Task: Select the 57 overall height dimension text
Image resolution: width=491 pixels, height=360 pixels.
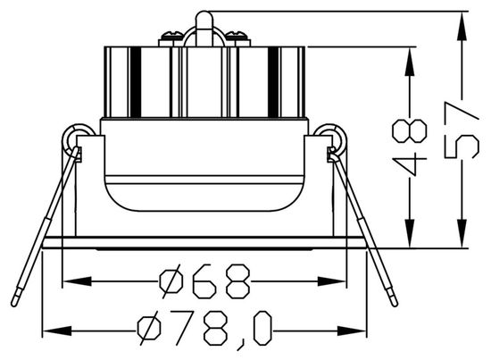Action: point(462,130)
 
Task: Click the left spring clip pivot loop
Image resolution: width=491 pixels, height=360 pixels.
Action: point(75,138)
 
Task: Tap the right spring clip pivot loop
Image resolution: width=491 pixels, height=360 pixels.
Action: point(334,138)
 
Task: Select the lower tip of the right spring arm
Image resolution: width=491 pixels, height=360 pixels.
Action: point(393,299)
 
